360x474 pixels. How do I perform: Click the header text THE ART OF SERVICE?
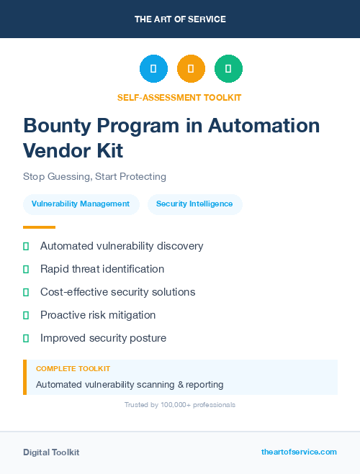(180, 19)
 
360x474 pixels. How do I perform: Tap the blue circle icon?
(153, 69)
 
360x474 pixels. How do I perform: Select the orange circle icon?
(191, 69)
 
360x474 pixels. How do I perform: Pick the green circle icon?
(228, 69)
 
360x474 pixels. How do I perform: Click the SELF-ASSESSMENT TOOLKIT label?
(180, 97)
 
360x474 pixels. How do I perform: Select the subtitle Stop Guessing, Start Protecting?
(94, 176)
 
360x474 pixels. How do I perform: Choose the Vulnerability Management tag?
(81, 204)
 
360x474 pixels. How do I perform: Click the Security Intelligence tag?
(194, 204)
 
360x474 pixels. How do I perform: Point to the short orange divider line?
(39, 227)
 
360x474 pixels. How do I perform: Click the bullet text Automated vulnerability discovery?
(122, 246)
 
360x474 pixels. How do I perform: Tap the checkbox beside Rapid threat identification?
(26, 269)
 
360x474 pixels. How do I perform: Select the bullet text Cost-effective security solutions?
(117, 292)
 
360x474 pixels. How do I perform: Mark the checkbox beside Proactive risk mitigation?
(26, 315)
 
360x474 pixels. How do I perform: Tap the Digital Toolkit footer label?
(51, 452)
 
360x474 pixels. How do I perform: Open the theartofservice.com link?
(299, 452)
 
